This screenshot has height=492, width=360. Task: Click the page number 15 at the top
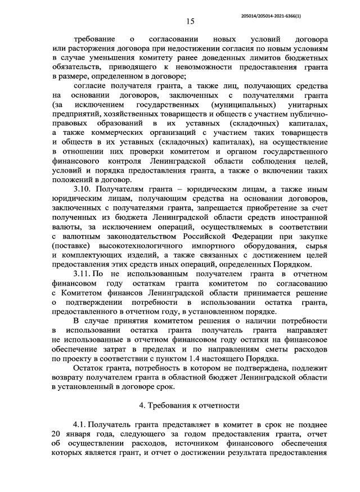(190, 21)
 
